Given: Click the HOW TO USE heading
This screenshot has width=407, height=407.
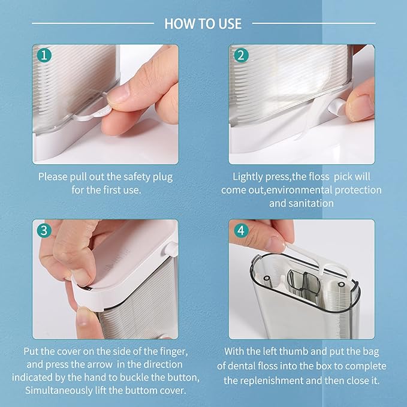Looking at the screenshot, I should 203,23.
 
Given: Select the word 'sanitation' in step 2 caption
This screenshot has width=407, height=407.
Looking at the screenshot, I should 312,203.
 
